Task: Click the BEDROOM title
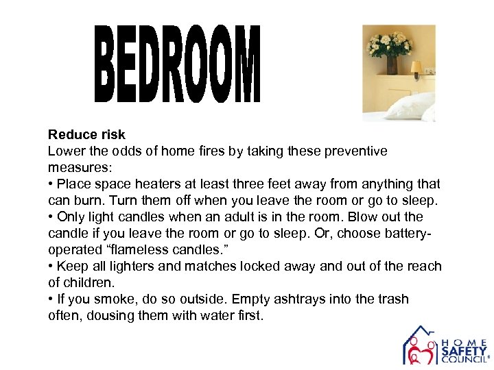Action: (x=178, y=64)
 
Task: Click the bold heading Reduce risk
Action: (x=86, y=135)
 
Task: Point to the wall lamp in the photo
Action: (x=416, y=69)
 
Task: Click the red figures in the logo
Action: (x=420, y=353)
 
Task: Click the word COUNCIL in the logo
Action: (x=462, y=360)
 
